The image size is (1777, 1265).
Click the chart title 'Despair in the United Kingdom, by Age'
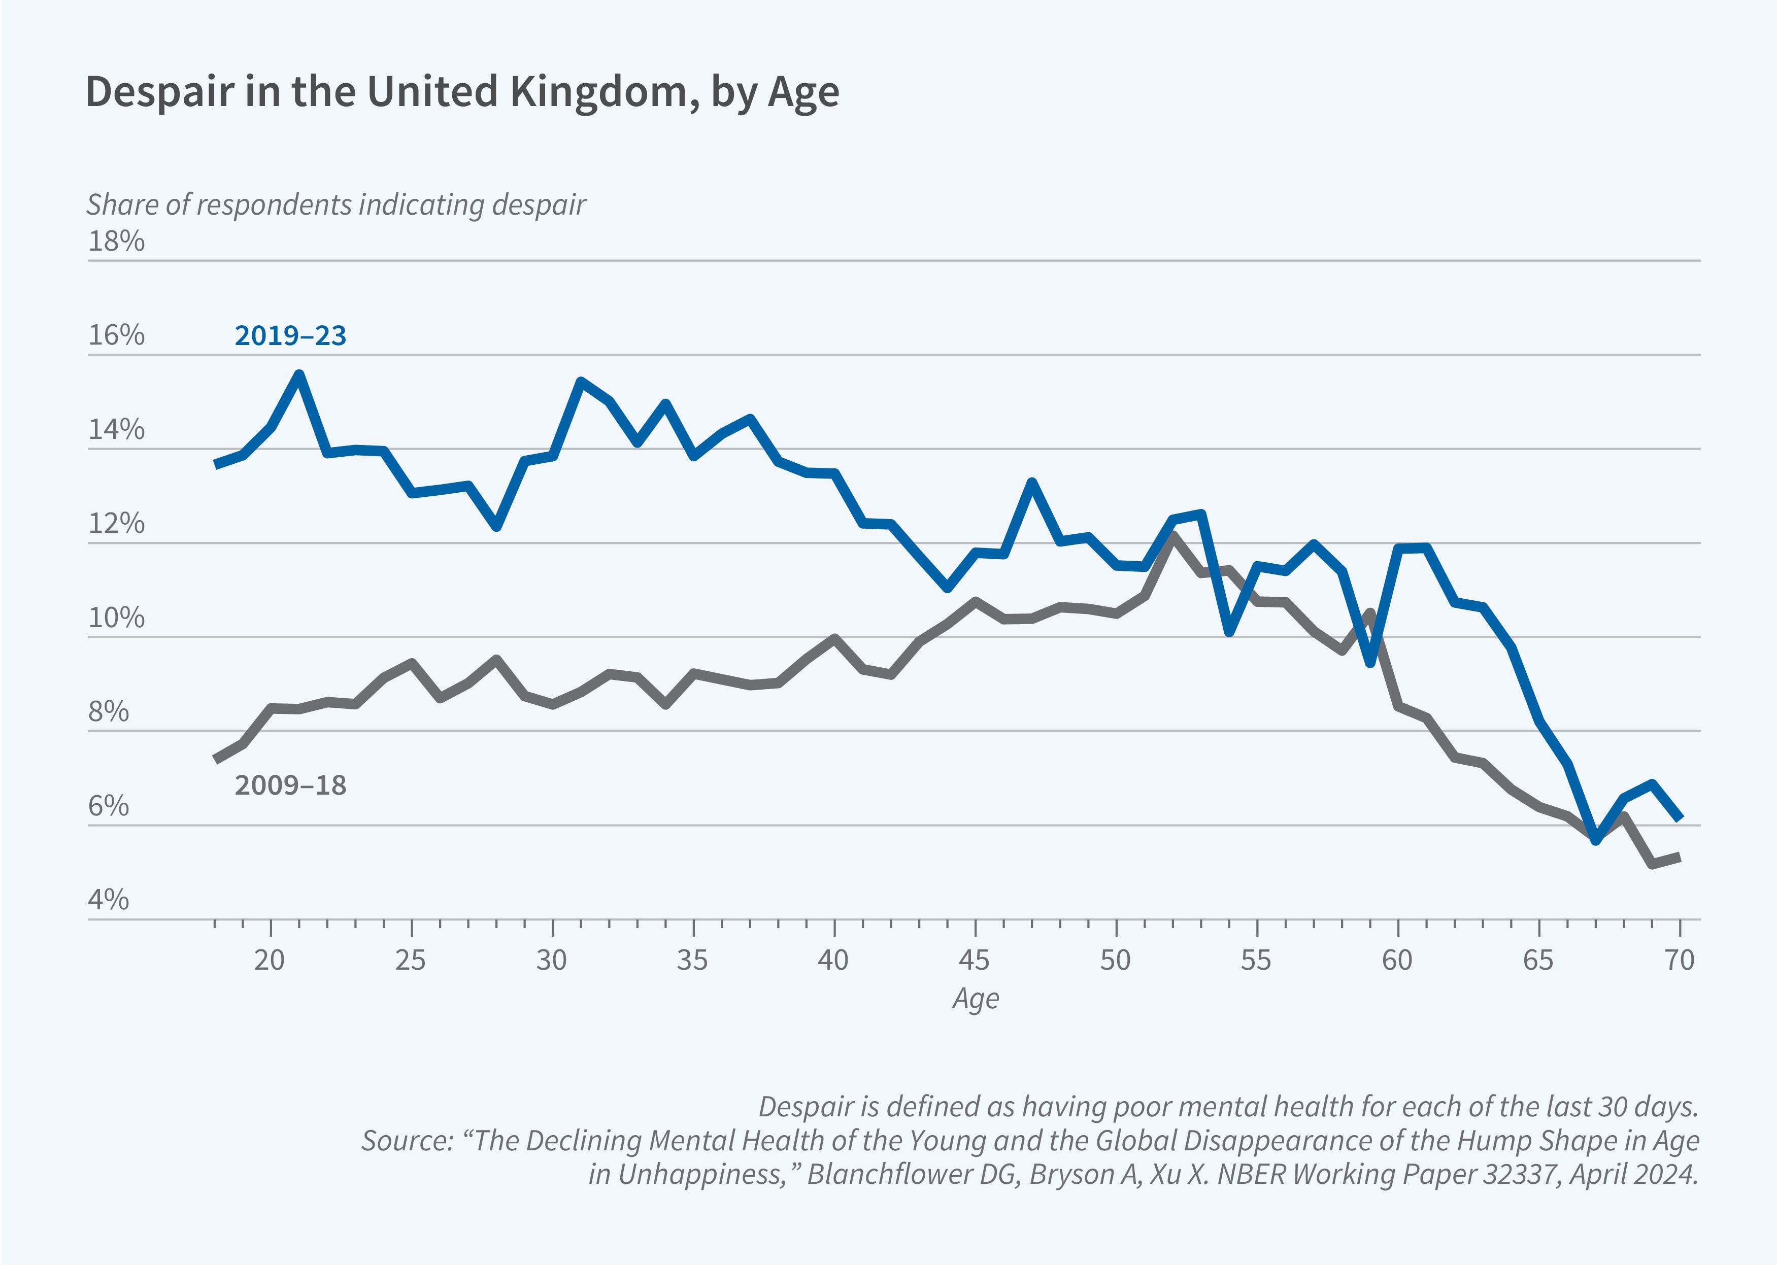[462, 92]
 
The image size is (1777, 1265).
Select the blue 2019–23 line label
[290, 336]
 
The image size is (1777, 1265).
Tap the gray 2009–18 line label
[290, 785]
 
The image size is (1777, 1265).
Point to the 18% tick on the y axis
[116, 242]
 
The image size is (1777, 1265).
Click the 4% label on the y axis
[108, 900]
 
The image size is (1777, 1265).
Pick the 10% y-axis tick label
[116, 618]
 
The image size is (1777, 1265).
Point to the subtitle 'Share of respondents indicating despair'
[336, 205]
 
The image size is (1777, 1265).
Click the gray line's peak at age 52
[1172, 536]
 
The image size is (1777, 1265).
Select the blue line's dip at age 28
[497, 527]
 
